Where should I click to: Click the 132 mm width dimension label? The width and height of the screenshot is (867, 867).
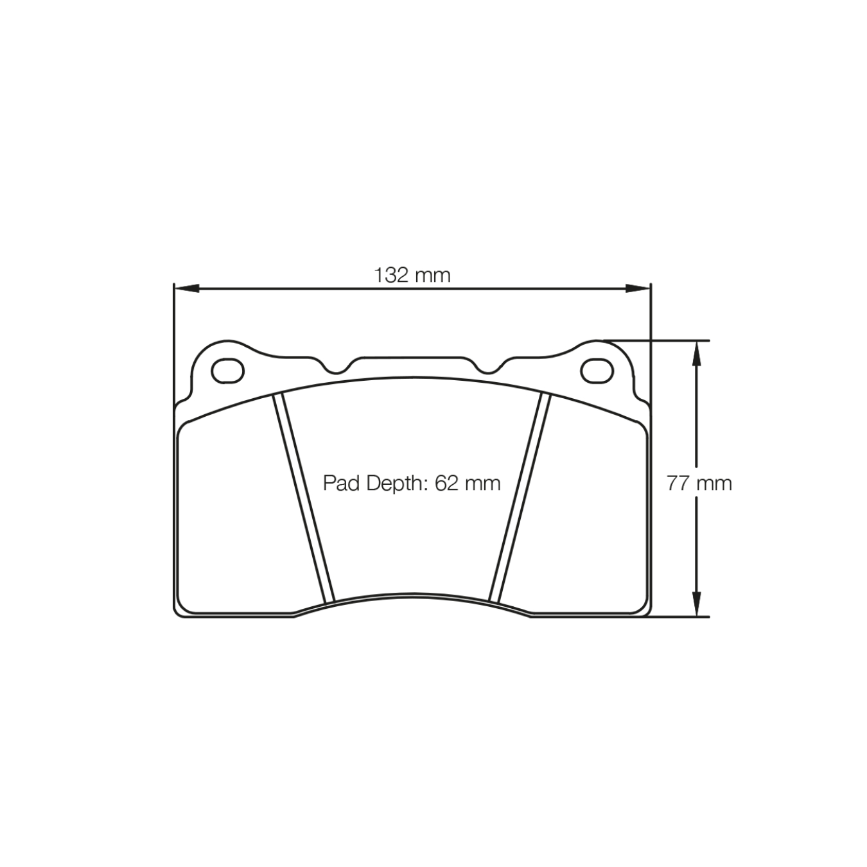coord(412,276)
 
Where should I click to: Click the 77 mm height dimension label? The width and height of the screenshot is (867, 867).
coord(699,483)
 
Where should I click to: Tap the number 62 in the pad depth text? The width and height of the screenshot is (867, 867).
coord(446,483)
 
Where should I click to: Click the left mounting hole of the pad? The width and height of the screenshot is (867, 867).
coord(228,371)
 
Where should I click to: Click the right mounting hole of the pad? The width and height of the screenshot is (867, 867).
coord(597,371)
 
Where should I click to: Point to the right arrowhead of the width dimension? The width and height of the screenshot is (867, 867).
coord(638,289)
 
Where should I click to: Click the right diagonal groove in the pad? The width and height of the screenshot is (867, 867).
coord(520,498)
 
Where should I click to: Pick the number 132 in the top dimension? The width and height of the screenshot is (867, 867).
coord(392,276)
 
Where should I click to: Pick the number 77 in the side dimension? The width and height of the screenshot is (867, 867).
coord(678,483)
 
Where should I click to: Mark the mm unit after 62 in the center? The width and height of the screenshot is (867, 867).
coord(482,483)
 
